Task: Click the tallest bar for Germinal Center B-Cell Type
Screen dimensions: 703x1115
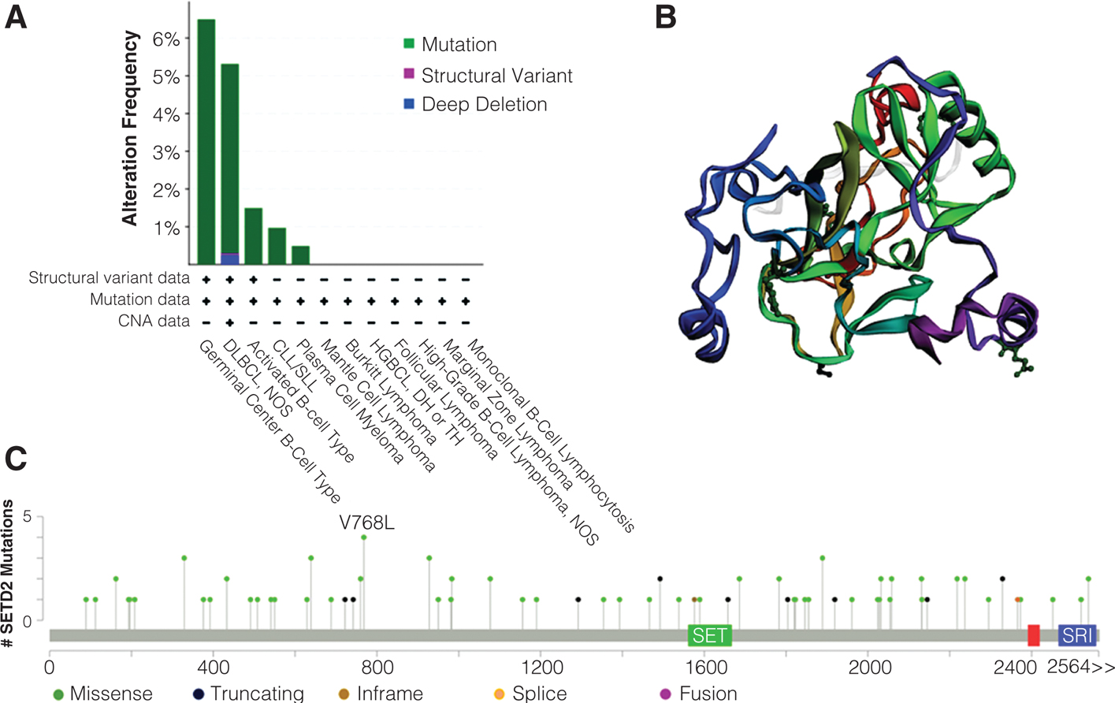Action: [206, 142]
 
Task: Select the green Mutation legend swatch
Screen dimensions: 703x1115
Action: [409, 44]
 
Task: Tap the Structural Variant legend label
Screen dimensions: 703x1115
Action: [496, 76]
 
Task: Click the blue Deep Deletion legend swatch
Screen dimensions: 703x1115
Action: [409, 104]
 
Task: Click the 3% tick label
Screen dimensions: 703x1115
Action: [166, 153]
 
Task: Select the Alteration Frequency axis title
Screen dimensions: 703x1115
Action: [130, 128]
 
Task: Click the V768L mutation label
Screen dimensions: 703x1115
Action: [366, 523]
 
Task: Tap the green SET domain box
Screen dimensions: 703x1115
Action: [710, 635]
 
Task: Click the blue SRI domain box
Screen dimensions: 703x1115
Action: [1076, 635]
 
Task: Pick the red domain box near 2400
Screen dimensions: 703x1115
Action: [1034, 635]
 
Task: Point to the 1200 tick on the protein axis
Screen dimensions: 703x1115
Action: [541, 668]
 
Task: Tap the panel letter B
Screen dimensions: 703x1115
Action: [666, 17]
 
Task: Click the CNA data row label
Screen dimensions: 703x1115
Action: [154, 321]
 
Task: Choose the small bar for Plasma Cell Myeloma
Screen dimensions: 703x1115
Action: [300, 255]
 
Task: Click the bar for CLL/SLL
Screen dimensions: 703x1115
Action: [277, 246]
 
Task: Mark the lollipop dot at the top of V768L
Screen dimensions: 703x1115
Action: [364, 537]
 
